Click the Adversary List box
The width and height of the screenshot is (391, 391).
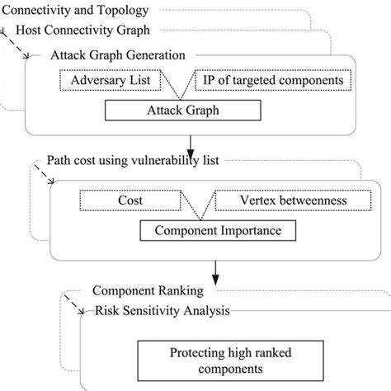[x=111, y=82]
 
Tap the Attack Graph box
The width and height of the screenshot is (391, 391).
[x=184, y=110]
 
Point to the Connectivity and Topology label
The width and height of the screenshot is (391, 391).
[x=76, y=11]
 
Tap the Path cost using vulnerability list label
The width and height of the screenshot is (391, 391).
[x=132, y=160]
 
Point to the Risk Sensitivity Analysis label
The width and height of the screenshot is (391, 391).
[x=162, y=311]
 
